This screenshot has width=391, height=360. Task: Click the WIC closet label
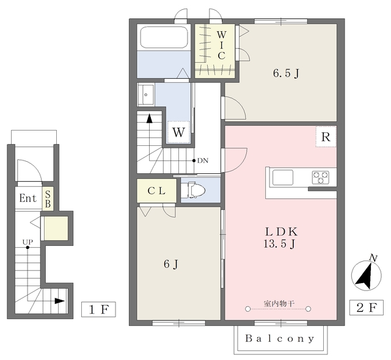[221, 45]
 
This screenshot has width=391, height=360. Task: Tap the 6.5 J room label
[286, 73]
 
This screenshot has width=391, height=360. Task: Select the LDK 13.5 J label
[281, 238]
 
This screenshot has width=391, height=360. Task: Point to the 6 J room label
[171, 264]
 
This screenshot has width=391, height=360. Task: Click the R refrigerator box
[326, 137]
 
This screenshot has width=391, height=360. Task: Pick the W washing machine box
[178, 132]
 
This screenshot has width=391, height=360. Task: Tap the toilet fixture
[193, 190]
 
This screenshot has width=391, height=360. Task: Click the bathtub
[164, 37]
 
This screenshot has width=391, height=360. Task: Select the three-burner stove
[321, 178]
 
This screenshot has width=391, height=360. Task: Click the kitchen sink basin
[283, 178]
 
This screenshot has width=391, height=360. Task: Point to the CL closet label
[156, 191]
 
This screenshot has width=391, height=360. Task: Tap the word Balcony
[280, 339]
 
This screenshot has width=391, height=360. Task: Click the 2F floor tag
[367, 308]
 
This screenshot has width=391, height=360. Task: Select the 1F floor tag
[98, 309]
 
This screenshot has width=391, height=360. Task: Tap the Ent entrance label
[28, 198]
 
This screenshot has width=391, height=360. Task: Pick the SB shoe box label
[48, 199]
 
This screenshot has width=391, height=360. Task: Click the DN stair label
[203, 160]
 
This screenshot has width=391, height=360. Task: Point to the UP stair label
[27, 242]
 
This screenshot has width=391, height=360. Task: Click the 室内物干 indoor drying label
[279, 303]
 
